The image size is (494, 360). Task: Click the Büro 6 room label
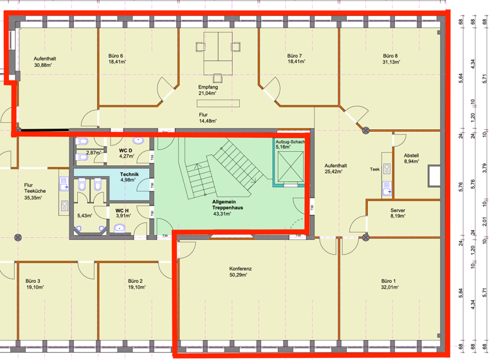(116, 56)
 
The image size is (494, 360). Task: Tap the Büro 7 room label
(295, 56)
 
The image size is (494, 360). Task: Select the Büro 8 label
(390, 56)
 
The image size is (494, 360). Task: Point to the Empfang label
(207, 87)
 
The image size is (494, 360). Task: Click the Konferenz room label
(240, 268)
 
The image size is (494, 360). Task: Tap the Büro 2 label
(134, 281)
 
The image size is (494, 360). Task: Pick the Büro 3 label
(33, 281)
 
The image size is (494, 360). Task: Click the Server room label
(398, 210)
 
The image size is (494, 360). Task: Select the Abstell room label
(412, 155)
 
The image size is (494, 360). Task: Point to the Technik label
(129, 174)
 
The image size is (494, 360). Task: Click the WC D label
(125, 150)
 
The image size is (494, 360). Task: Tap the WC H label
(122, 210)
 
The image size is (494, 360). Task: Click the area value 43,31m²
(222, 214)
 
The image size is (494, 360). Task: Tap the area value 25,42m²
(336, 172)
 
